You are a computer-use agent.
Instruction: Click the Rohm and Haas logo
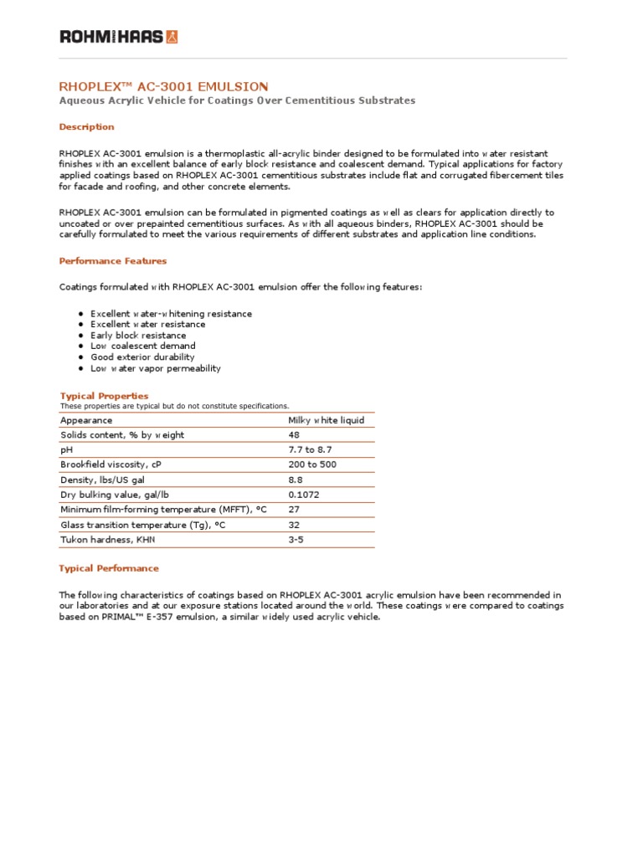coord(118,37)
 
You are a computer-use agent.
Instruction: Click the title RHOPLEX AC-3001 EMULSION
coord(164,86)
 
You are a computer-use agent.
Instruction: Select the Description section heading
coord(86,127)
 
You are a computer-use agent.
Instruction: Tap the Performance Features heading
coord(113,261)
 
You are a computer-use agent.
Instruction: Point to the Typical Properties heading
coord(104,396)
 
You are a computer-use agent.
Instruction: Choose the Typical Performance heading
coord(109,568)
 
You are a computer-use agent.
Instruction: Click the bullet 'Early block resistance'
coord(138,336)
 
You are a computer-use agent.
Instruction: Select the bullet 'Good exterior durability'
coord(142,357)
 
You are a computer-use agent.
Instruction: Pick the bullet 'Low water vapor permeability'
coord(156,368)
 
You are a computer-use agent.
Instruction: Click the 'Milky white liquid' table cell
coord(326,420)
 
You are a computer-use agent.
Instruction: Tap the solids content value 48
coord(294,435)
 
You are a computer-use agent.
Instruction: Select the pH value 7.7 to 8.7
coord(310,450)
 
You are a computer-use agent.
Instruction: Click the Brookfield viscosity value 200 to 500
coord(313,465)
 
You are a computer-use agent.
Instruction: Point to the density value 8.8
coord(296,480)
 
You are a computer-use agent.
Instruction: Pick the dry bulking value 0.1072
coord(303,495)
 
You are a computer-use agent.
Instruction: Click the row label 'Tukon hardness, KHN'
coord(108,540)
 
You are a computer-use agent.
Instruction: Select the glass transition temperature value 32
coord(294,525)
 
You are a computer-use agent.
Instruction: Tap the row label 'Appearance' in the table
coord(86,420)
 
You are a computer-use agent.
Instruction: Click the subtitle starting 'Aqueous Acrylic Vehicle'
coord(237,100)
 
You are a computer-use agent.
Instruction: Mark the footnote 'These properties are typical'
coord(174,406)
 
